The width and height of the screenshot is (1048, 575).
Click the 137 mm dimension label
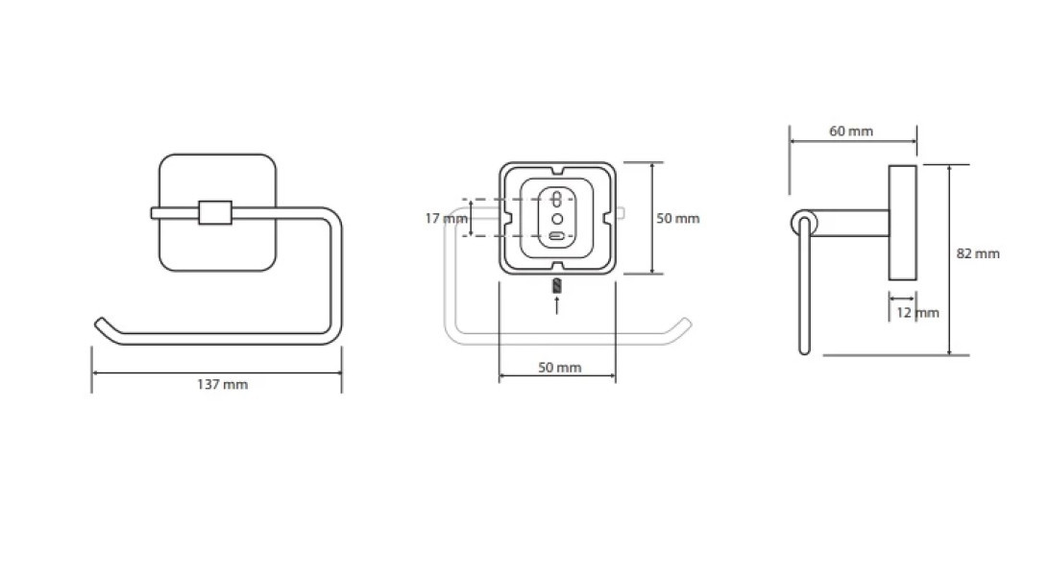tap(222, 385)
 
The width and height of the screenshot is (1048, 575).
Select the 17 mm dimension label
tap(446, 218)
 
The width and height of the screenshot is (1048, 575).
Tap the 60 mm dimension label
tap(851, 132)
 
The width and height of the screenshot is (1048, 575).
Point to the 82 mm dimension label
tap(978, 253)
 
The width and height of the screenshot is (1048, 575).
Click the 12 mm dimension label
tap(917, 313)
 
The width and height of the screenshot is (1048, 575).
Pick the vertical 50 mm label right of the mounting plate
tap(678, 218)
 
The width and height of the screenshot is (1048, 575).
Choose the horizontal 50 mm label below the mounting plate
tap(559, 368)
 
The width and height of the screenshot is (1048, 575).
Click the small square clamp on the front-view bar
tap(215, 212)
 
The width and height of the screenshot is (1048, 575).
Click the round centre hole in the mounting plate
tap(557, 218)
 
